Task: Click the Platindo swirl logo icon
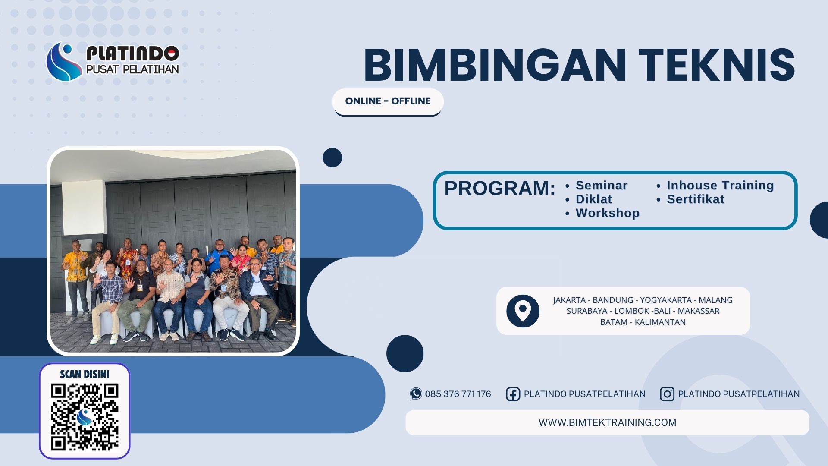(64, 62)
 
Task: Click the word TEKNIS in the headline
(716, 65)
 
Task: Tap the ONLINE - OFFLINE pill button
(388, 101)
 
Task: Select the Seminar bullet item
(601, 186)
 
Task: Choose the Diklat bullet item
(593, 199)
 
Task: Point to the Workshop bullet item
(607, 213)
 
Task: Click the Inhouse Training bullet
(720, 186)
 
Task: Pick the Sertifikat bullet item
(695, 199)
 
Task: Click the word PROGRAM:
(499, 189)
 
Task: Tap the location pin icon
(523, 311)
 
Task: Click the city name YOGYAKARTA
(665, 300)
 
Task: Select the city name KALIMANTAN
(660, 322)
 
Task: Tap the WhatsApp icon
(416, 394)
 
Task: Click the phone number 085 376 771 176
(458, 394)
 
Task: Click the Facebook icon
(513, 394)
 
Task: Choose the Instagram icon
(667, 394)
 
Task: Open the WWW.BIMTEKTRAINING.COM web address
(607, 422)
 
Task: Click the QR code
(85, 417)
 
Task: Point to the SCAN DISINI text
(85, 374)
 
